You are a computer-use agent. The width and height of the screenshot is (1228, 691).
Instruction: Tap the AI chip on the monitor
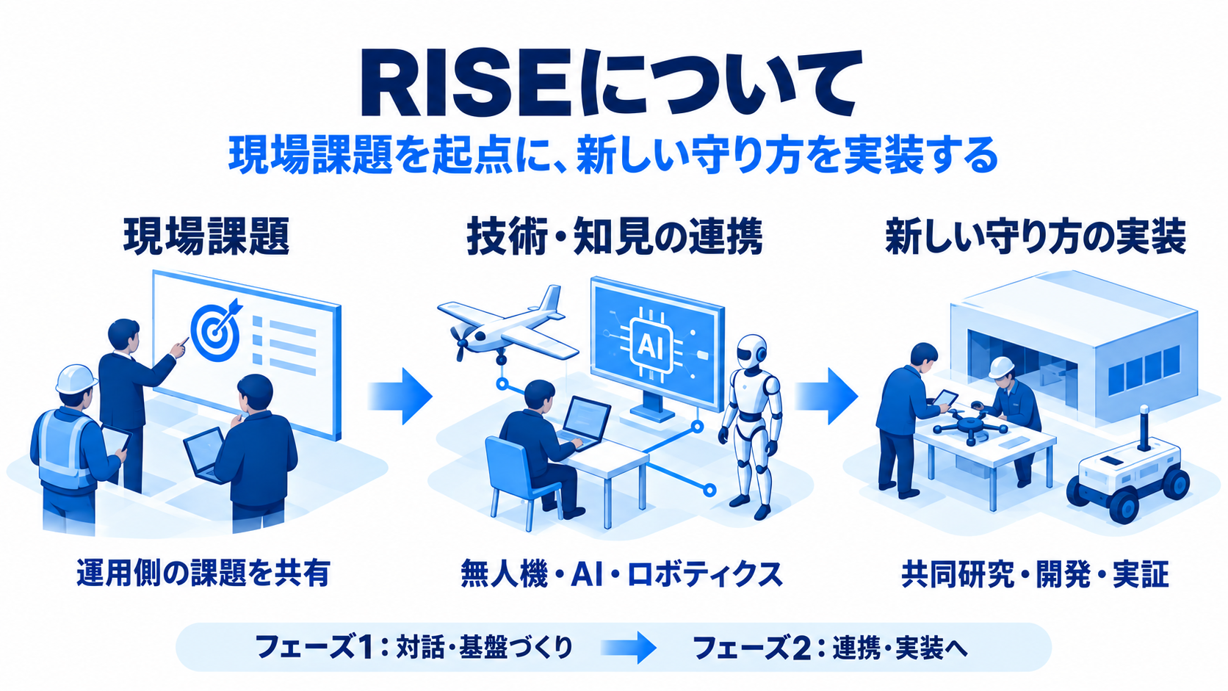pyautogui.click(x=651, y=347)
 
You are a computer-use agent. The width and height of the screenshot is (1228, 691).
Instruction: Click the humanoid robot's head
pyautogui.click(x=751, y=351)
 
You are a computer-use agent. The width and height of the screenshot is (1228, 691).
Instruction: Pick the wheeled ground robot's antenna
pyautogui.click(x=1144, y=427)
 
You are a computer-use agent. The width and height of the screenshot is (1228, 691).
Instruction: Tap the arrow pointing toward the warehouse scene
pyautogui.click(x=826, y=396)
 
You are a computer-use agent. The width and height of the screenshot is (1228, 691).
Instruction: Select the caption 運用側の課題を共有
pyautogui.click(x=203, y=574)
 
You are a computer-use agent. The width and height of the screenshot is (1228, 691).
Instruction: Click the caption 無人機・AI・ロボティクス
pyautogui.click(x=621, y=574)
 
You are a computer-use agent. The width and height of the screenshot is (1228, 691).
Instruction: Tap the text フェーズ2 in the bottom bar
pyautogui.click(x=753, y=648)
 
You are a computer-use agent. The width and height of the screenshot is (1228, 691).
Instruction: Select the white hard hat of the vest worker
pyautogui.click(x=76, y=379)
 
